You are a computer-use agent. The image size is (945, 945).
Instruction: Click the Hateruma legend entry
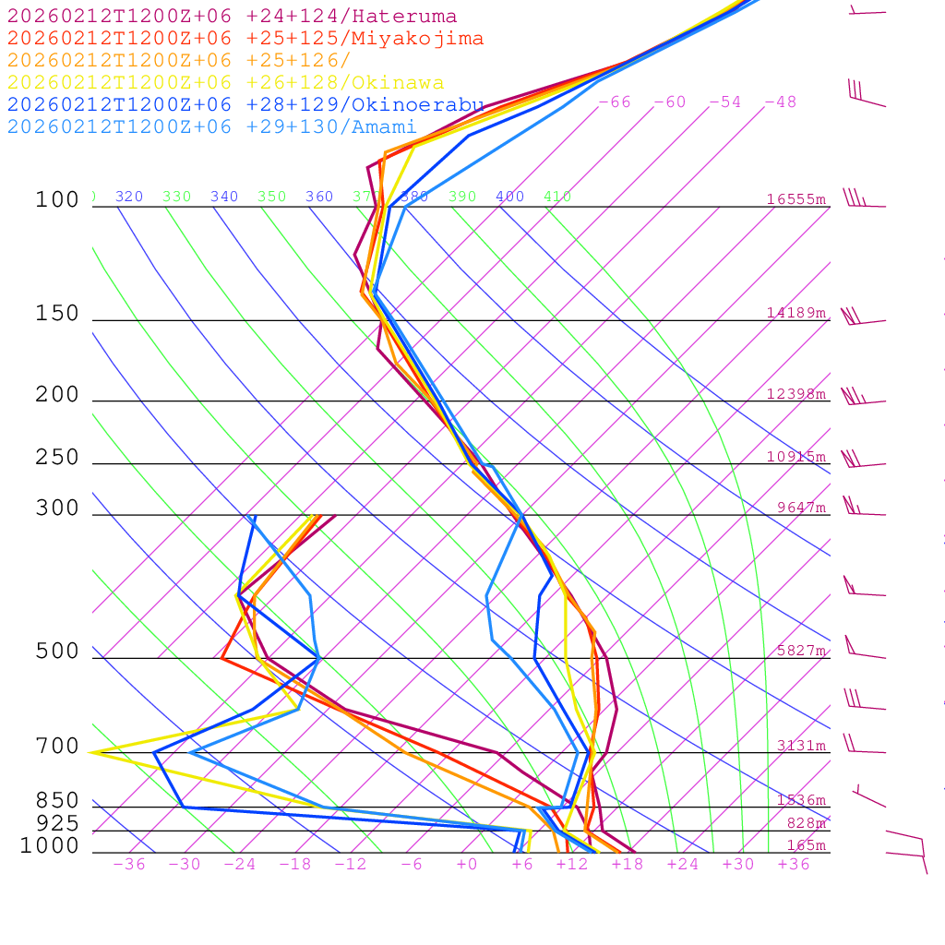click(232, 17)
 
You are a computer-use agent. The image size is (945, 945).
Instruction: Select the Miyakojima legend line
click(245, 39)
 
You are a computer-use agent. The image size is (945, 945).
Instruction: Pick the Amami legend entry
click(211, 127)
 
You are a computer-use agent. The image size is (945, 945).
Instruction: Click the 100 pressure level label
click(57, 200)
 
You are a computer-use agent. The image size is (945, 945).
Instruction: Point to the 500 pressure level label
click(57, 652)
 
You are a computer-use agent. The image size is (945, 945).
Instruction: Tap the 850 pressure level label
click(57, 801)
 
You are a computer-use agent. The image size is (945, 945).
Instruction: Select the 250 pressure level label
click(57, 458)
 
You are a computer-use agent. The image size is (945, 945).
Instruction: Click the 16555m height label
click(796, 199)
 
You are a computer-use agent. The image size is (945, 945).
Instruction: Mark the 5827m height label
click(801, 651)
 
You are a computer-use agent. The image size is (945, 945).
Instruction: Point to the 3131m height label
click(801, 746)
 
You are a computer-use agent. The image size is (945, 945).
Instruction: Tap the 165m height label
click(807, 845)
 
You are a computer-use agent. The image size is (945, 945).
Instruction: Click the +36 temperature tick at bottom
click(794, 865)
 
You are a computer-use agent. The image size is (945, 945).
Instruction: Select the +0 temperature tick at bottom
click(467, 865)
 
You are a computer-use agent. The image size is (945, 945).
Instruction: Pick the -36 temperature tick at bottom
click(129, 865)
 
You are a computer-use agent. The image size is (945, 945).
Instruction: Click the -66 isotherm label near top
click(615, 102)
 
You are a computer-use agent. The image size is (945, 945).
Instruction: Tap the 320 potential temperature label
click(129, 197)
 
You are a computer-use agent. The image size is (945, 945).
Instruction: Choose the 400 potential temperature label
click(509, 197)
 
